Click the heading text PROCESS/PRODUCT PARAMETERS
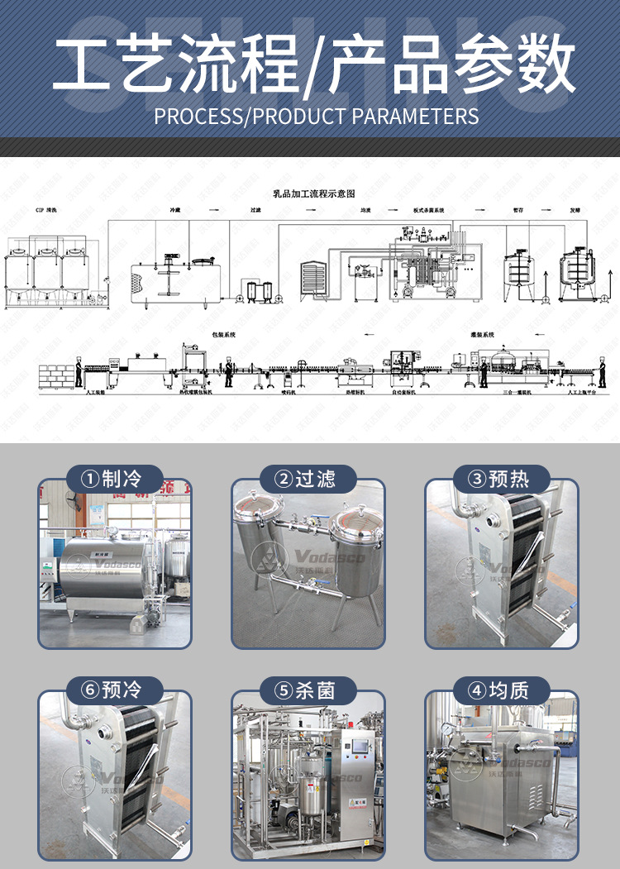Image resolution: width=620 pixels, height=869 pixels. coord(317,116)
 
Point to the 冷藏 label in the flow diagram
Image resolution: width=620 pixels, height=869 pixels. coord(175,211)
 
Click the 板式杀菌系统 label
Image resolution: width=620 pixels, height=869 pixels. coord(428,211)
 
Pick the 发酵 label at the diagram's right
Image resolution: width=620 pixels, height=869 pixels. coord(575,211)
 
